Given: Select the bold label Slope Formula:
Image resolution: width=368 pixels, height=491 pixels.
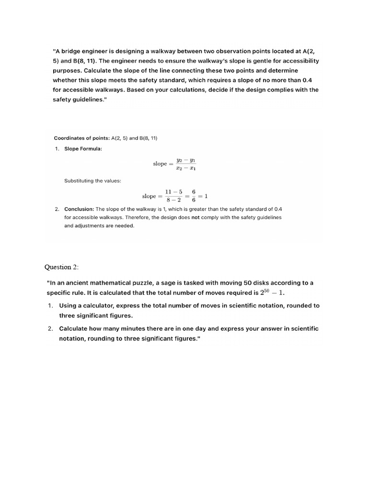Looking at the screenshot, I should point(83,149).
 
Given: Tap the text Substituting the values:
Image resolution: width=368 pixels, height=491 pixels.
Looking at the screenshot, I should point(92,181).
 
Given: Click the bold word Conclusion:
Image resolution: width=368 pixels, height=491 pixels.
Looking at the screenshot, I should point(79,209).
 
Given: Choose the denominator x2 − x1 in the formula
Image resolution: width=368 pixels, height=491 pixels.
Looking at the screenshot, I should point(185,168).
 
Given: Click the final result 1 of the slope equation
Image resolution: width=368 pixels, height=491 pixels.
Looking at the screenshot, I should point(206,196).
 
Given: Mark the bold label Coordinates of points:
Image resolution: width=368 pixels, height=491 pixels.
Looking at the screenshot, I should point(81,138).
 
